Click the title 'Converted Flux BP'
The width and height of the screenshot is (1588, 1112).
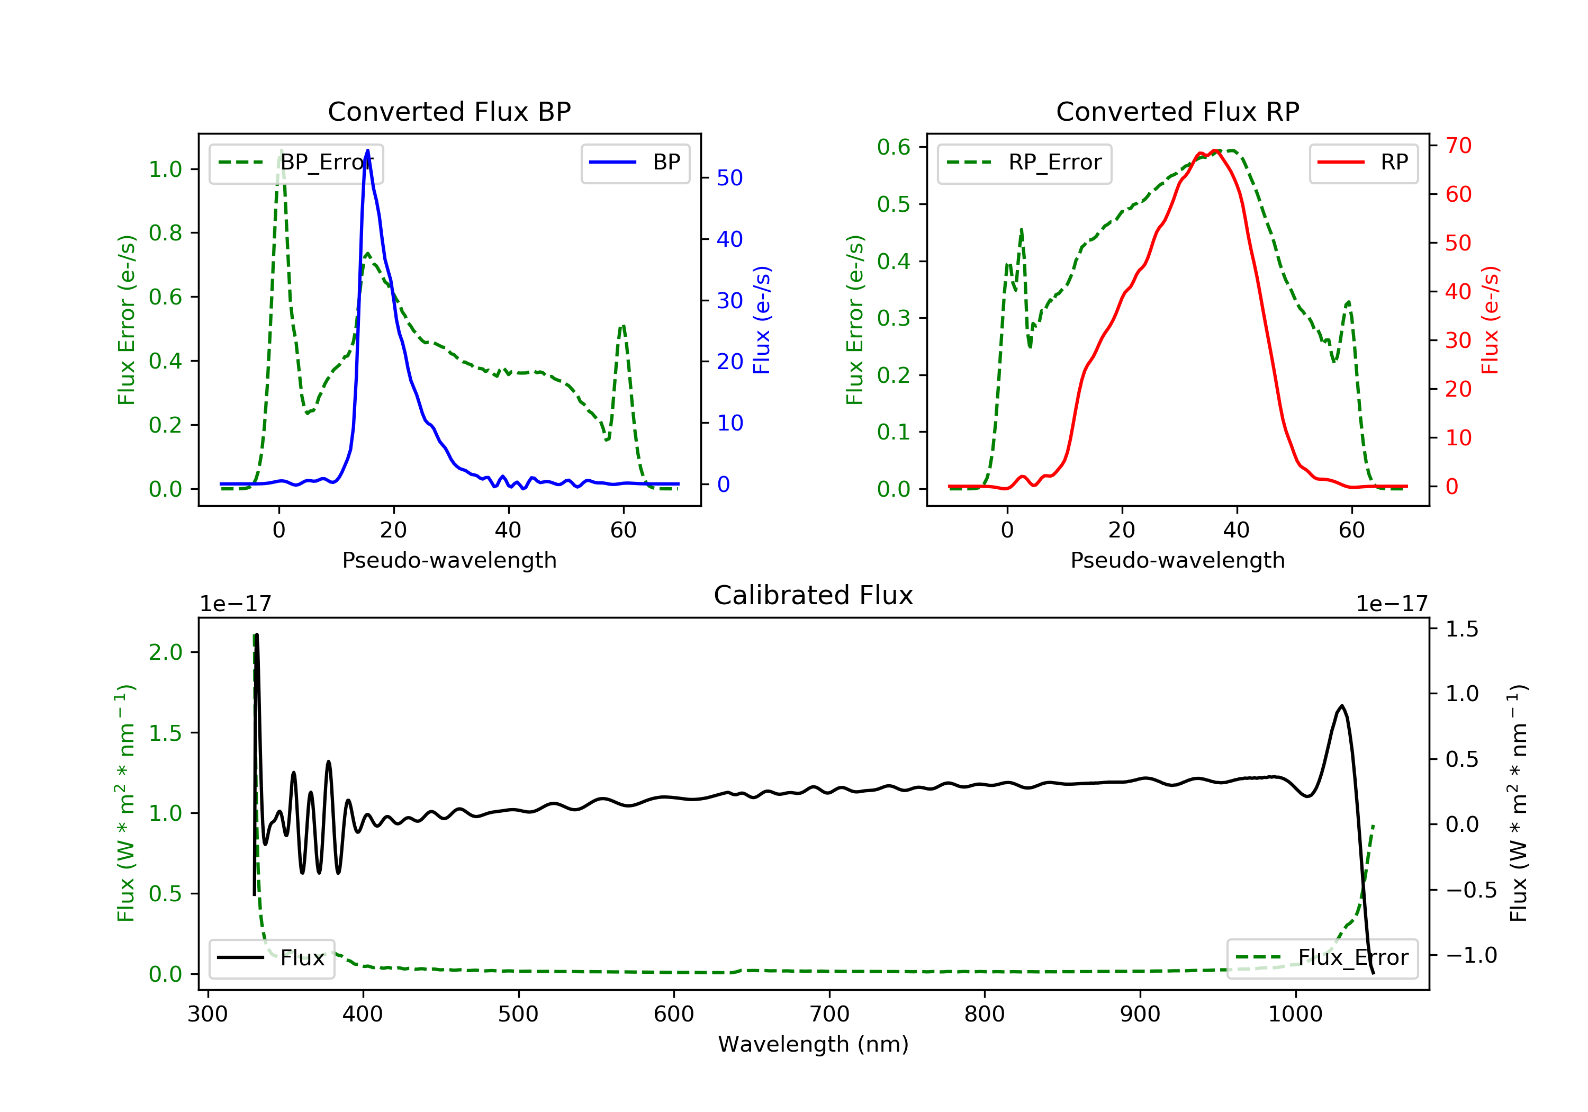coord(449,111)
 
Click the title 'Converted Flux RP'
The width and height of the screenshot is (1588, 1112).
coord(1177,111)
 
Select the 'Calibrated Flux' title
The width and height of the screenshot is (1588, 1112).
coord(814,595)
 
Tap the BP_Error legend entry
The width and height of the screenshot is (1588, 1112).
coord(296,163)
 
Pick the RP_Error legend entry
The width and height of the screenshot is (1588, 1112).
coord(1024,163)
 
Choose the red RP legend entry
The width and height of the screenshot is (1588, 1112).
coord(1363,163)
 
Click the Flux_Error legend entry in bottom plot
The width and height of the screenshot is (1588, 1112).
coord(1322,958)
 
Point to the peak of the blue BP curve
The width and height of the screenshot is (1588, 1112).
coord(367,150)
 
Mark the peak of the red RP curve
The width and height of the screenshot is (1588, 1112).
coord(1216,151)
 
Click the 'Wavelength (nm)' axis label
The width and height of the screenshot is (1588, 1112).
coord(814,1044)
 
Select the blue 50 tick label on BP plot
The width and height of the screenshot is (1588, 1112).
coord(729,178)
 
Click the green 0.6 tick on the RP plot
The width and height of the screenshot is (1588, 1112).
coord(894,147)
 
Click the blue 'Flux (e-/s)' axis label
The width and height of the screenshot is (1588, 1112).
coord(762,320)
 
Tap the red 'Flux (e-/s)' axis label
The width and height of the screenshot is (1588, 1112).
coord(1490,320)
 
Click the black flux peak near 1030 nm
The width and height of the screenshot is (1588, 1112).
coord(1342,706)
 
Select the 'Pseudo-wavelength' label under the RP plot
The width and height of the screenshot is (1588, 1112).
coord(1177,560)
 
